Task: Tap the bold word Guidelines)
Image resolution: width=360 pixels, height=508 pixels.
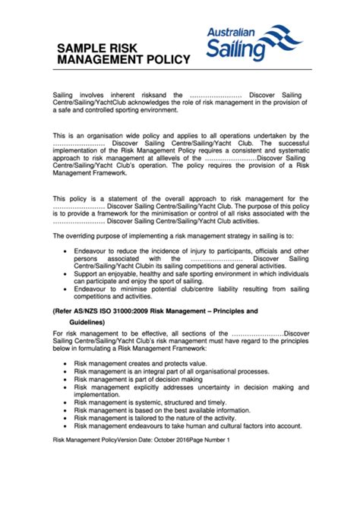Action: (82, 322)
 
